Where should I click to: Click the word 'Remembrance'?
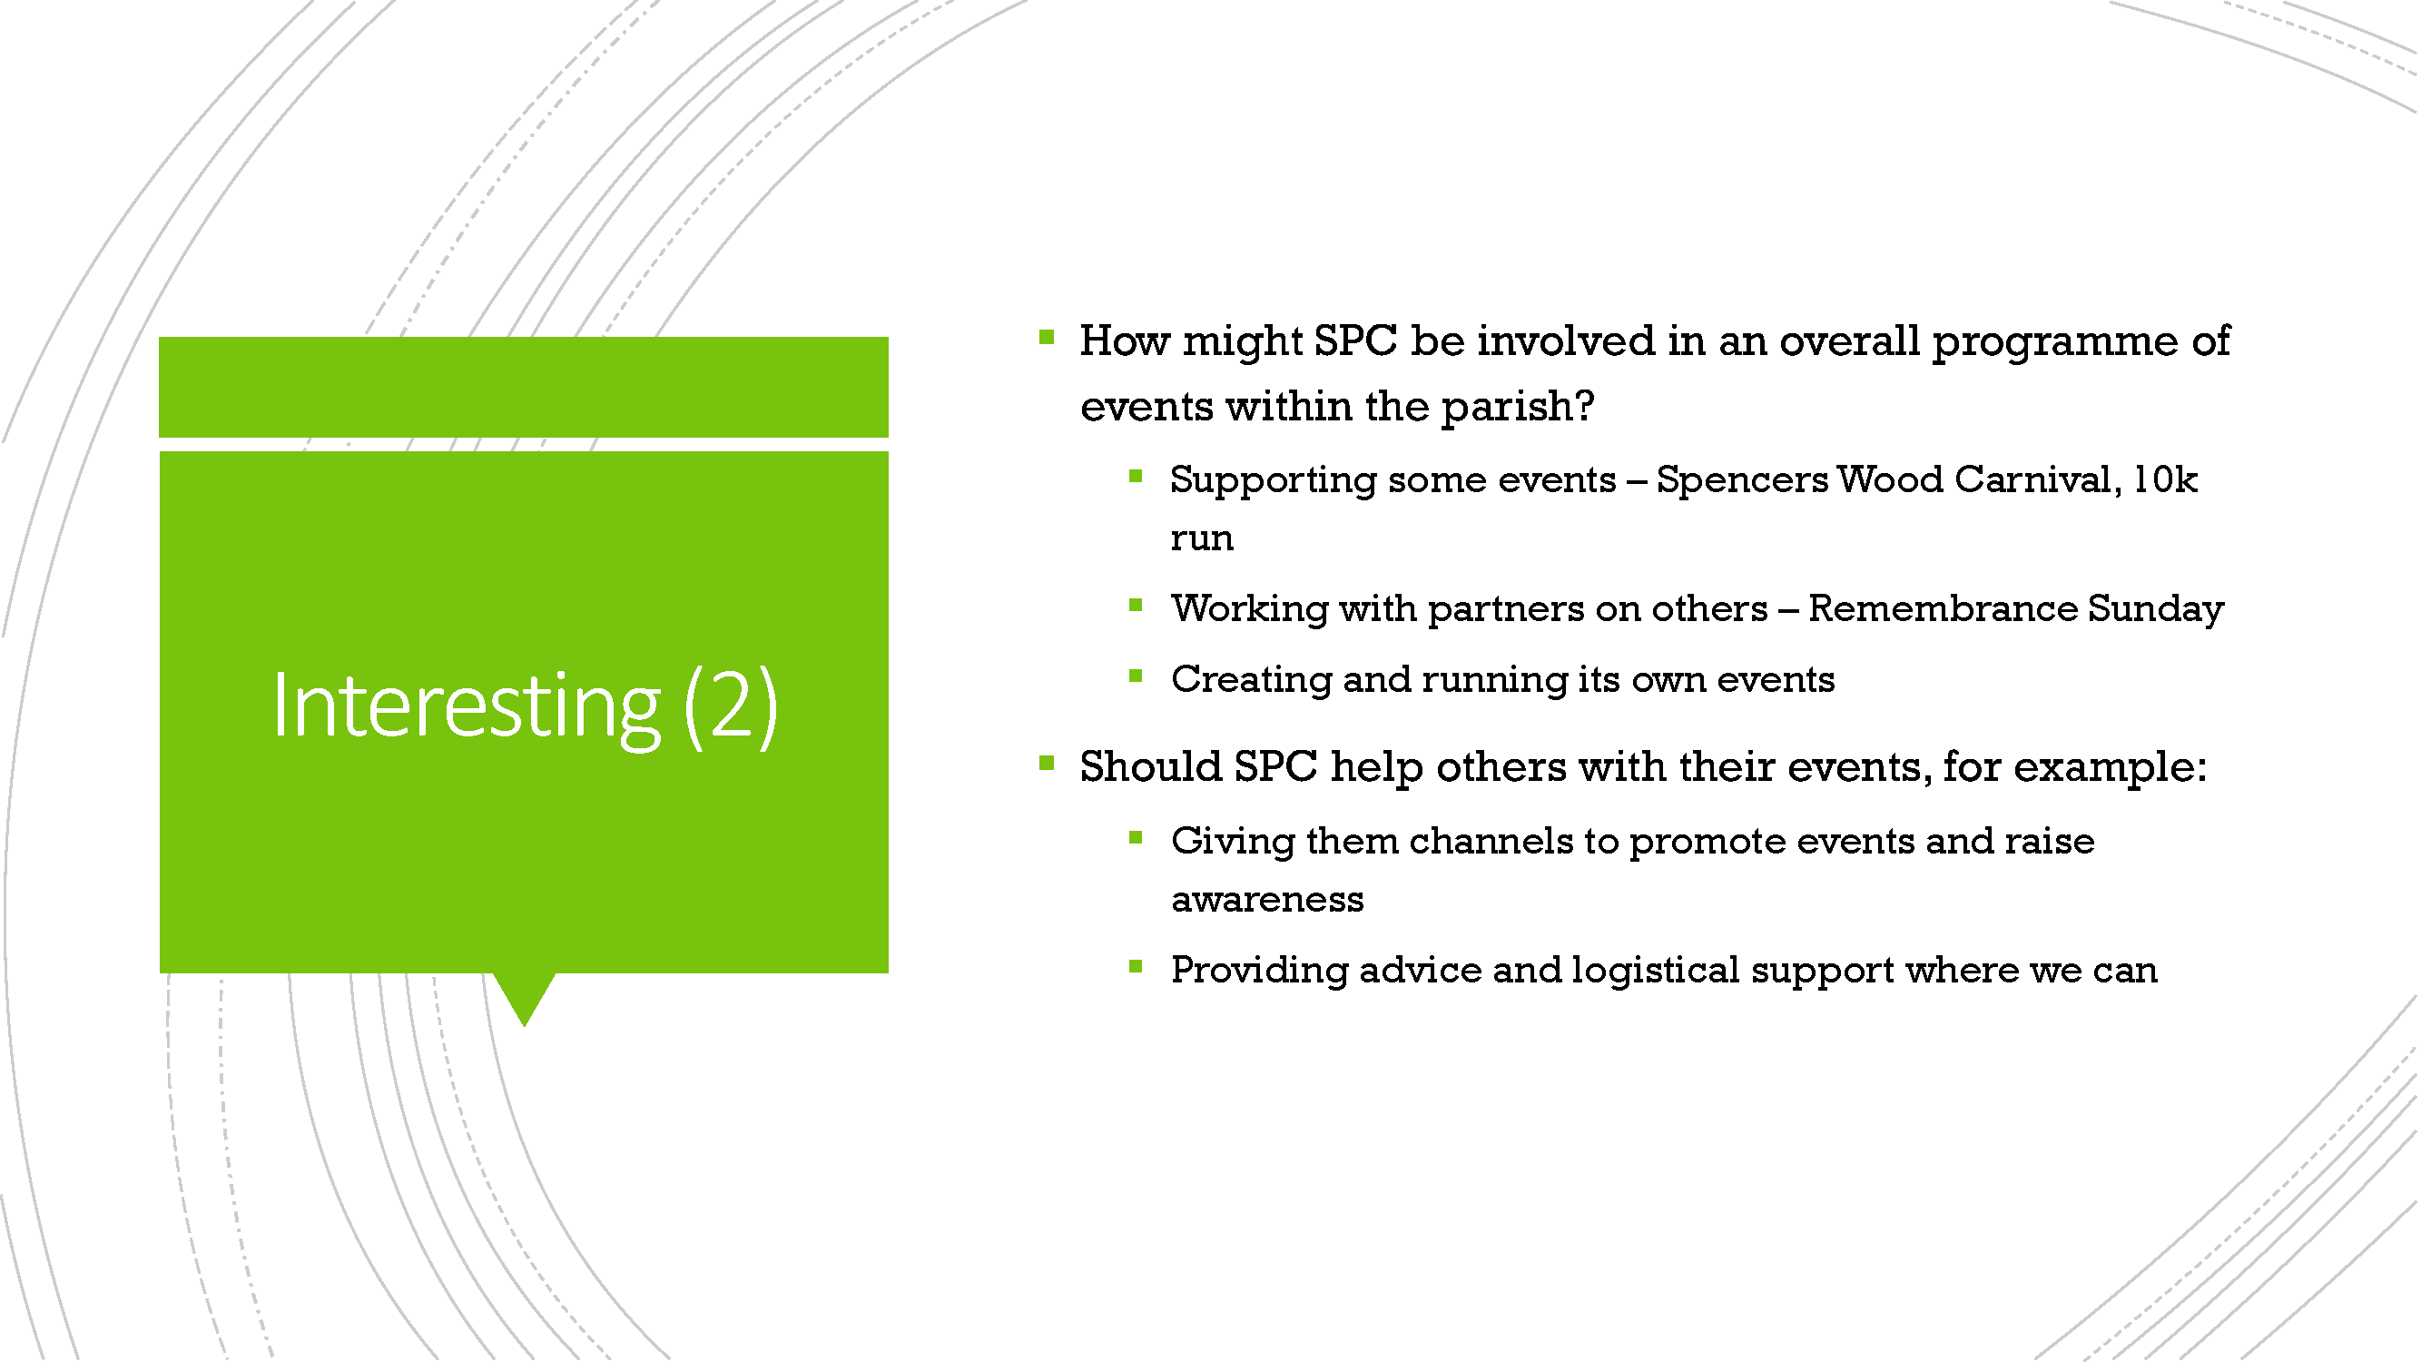pos(1942,608)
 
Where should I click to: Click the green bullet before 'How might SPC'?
pos(1047,338)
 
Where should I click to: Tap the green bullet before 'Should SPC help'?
pos(1047,764)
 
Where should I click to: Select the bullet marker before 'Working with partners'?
pos(1136,606)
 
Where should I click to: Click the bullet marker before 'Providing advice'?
pos(1136,966)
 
